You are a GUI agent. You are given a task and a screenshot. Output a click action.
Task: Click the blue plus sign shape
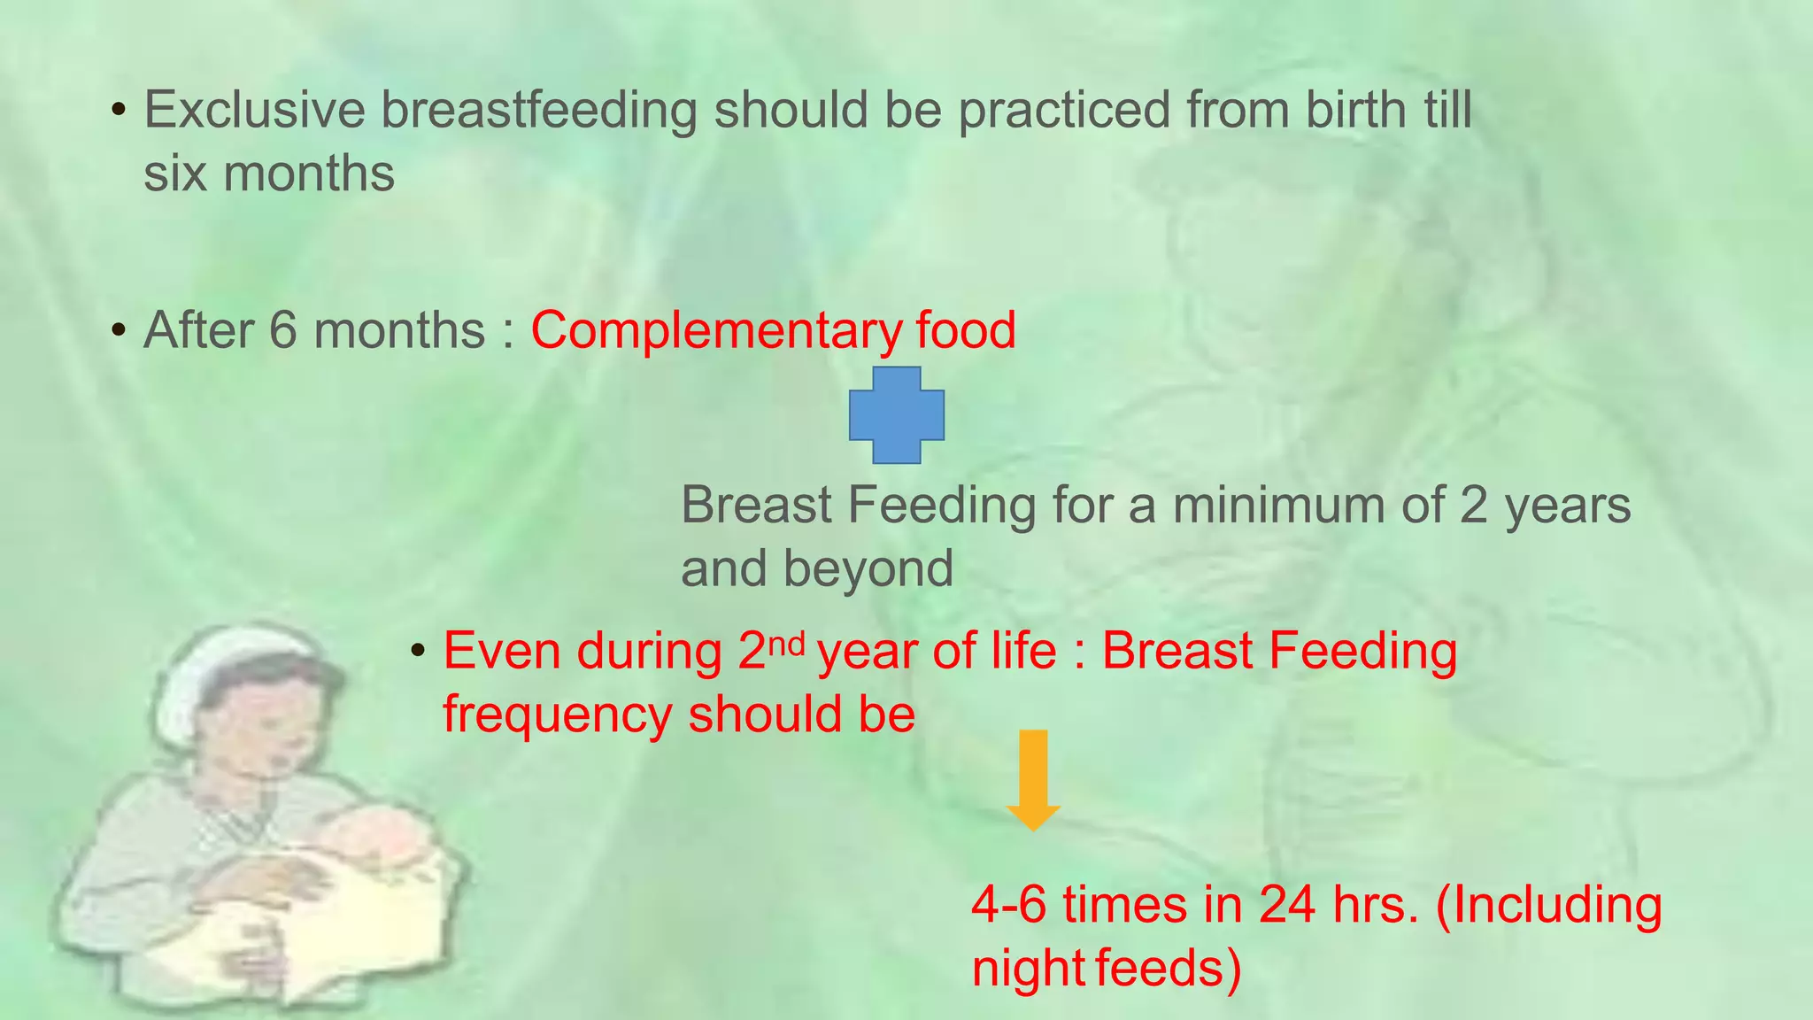click(x=896, y=414)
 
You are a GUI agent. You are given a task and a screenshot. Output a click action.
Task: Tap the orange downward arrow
click(x=1033, y=779)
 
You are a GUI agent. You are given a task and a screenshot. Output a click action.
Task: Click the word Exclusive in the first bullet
click(x=254, y=110)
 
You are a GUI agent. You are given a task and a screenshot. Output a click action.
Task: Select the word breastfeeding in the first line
click(x=539, y=110)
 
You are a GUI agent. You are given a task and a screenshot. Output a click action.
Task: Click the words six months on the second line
click(x=269, y=173)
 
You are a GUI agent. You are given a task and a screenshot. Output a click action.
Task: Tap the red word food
click(x=966, y=330)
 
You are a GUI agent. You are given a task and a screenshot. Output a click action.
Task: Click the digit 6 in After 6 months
click(x=283, y=330)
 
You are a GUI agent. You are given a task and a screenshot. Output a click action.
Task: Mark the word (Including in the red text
click(x=1548, y=906)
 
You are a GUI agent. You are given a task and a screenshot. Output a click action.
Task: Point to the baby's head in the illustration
click(x=372, y=836)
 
